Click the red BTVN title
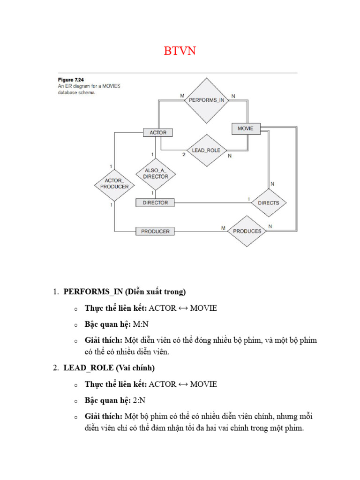point(180,51)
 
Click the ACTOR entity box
point(158,133)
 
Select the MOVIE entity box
point(246,128)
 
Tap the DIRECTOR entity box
point(155,202)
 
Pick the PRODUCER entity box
point(155,231)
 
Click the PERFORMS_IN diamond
point(206,100)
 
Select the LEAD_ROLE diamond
point(206,150)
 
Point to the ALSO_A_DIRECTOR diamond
point(156,174)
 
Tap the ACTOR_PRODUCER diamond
point(114,183)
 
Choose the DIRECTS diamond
point(268,203)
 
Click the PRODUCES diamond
point(247,231)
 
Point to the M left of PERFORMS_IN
point(182,96)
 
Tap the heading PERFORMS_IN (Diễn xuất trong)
point(125,292)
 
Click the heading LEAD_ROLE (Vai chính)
point(110,368)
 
